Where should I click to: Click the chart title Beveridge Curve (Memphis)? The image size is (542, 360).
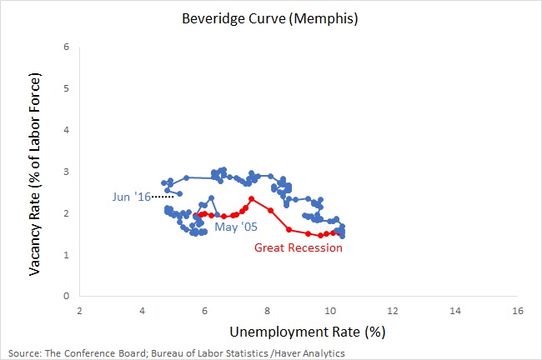pyautogui.click(x=271, y=17)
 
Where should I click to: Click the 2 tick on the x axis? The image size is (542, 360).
pyautogui.click(x=79, y=310)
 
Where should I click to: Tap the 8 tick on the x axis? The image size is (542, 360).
pyautogui.click(x=268, y=310)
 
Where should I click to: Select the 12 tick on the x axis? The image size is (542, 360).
pyautogui.click(x=393, y=310)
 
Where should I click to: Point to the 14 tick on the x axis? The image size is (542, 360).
pyautogui.click(x=455, y=310)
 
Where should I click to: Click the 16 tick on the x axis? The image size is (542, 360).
pyautogui.click(x=518, y=310)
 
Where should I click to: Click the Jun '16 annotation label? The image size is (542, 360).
pyautogui.click(x=133, y=197)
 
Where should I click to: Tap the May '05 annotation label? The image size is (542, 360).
pyautogui.click(x=235, y=224)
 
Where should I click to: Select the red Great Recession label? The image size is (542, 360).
pyautogui.click(x=298, y=247)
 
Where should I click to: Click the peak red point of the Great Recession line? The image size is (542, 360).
pyautogui.click(x=251, y=198)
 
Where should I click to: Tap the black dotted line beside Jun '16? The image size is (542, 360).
pyautogui.click(x=164, y=197)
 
